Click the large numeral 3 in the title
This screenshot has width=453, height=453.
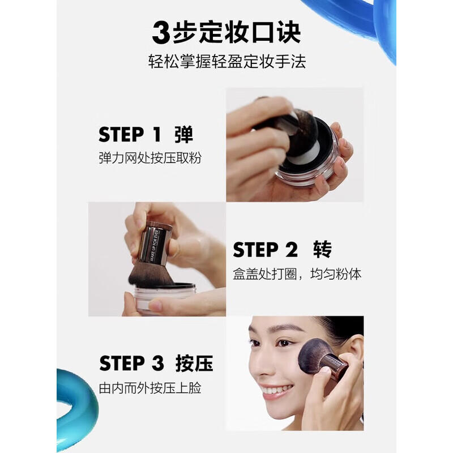point(161,33)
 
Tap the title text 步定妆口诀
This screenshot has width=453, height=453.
point(236,33)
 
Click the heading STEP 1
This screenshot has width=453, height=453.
point(130,135)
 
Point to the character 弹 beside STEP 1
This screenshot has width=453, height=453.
point(183,135)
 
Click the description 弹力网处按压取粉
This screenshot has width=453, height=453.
point(149,158)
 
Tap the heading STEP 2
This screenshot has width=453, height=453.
point(264,250)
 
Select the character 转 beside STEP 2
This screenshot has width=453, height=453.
point(322,250)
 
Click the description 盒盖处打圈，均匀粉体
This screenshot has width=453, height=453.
point(297,274)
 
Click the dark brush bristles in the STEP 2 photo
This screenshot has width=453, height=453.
point(149,275)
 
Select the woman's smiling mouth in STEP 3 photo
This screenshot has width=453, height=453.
point(277,390)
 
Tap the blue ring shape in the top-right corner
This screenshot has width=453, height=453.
point(368,23)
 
